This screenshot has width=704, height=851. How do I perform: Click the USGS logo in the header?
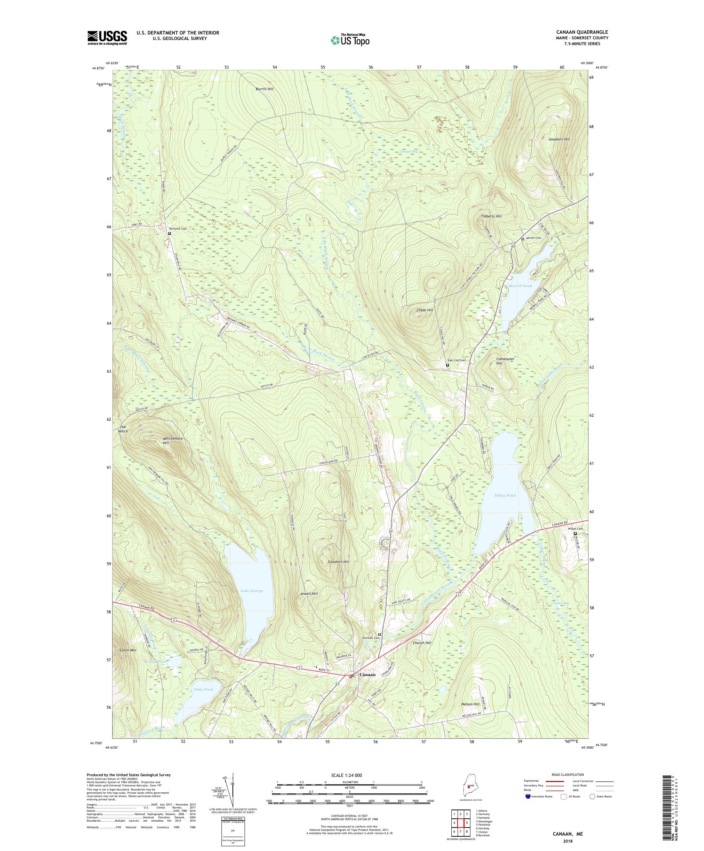(107, 38)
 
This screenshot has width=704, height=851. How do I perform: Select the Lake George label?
(252, 591)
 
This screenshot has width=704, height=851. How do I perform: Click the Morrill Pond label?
(520, 286)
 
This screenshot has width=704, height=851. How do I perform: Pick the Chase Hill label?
(425, 310)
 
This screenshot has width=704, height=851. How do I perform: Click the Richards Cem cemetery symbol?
(170, 233)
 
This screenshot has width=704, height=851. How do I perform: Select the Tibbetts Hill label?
(491, 216)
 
